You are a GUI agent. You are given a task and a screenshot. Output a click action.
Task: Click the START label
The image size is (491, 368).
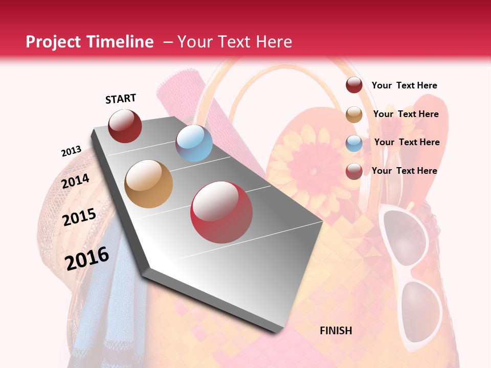coord(121,99)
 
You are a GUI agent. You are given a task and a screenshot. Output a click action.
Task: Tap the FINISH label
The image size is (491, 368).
coord(336,331)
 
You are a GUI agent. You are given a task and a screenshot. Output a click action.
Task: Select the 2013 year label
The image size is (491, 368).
coord(71,151)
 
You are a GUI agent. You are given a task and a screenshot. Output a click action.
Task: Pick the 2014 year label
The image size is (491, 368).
coord(76,181)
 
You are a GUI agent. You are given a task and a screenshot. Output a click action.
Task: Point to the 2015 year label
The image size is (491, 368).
coord(79,217)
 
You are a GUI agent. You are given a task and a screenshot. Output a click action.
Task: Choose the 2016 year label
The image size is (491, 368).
coord(87,259)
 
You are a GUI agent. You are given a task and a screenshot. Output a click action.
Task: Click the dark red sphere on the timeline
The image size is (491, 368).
coord(125,126)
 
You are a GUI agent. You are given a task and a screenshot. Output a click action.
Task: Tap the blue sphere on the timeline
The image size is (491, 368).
coord(194,143)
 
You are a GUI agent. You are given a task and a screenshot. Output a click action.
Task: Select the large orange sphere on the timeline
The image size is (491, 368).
coord(149,184)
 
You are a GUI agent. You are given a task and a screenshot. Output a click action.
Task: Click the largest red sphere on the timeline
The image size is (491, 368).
coord(221,212)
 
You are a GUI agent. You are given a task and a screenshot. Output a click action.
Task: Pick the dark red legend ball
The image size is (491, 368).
coord(354,85)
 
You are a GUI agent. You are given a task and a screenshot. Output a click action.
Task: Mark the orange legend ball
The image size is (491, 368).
coord(354,114)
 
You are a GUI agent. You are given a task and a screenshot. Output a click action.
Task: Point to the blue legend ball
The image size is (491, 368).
coord(354,143)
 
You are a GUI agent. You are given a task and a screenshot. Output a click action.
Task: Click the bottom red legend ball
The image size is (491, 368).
coord(354,171)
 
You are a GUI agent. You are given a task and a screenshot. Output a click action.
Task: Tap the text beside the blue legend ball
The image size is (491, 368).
coord(407,142)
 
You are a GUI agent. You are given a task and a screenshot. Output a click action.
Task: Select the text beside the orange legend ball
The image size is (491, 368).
coord(406,114)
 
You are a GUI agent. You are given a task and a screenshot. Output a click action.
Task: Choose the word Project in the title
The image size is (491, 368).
coord(53,42)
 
